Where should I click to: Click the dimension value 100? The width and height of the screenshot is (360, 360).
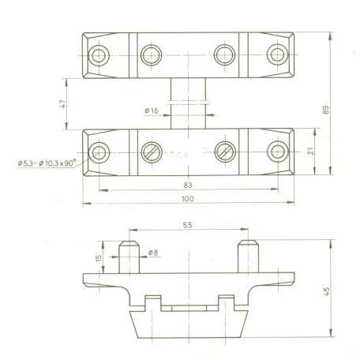tap(188, 199)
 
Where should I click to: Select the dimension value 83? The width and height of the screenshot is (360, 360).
tap(188, 186)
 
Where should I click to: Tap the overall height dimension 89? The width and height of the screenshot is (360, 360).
tap(325, 110)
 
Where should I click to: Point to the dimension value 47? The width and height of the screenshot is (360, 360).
tap(63, 104)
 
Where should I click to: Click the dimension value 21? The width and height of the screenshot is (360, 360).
tap(310, 151)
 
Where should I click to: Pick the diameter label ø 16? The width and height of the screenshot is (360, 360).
tap(152, 111)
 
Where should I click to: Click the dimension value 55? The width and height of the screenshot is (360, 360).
tap(187, 225)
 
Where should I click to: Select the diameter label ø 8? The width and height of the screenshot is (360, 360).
tap(153, 253)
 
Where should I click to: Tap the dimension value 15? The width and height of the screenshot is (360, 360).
tap(99, 258)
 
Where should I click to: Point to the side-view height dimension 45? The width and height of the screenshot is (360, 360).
tap(326, 291)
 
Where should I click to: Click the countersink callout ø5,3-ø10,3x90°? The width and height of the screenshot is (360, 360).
tap(47, 163)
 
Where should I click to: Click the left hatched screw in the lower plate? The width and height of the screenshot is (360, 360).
tap(152, 152)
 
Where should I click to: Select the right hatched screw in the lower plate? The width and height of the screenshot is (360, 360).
tap(225, 152)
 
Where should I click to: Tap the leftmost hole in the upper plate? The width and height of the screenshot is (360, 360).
tap(99, 55)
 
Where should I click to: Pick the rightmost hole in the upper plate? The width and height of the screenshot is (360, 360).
tap(278, 54)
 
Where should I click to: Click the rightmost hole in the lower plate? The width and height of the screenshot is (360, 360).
tap(278, 152)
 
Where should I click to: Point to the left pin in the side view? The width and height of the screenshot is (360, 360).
tap(129, 257)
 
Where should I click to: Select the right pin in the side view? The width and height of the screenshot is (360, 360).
tap(248, 257)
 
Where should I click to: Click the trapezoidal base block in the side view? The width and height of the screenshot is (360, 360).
tap(189, 324)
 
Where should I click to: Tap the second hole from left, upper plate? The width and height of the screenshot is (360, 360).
tap(151, 55)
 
